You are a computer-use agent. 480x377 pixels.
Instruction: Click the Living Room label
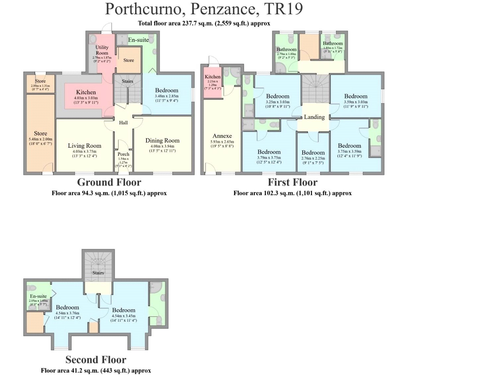coord(84,146)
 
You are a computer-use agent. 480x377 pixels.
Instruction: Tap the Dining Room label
coord(162,141)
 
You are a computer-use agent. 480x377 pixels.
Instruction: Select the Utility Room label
coord(102,50)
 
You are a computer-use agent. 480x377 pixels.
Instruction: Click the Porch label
coord(123,154)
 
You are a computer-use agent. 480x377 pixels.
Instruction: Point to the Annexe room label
coord(222,136)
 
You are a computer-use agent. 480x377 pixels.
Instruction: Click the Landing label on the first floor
coord(314,117)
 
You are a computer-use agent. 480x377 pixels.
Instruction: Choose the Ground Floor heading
coord(109,183)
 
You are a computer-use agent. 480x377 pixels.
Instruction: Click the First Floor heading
coord(293,183)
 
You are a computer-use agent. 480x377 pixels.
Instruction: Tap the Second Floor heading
coord(96,360)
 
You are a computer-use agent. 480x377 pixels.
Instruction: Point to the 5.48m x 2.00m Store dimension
coord(40,139)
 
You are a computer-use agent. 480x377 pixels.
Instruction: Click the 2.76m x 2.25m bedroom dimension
coord(313,158)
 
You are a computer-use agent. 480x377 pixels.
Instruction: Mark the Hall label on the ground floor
coord(123,123)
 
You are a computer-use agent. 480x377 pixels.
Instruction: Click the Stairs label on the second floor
coord(98,273)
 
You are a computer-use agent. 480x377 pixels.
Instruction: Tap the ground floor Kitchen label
coord(86,92)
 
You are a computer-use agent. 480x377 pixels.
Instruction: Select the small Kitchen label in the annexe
coord(213,77)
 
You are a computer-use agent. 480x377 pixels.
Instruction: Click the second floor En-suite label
coord(38,296)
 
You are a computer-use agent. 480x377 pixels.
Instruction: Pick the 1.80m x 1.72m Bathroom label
coord(333,43)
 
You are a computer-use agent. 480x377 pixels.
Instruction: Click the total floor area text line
coord(204,24)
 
